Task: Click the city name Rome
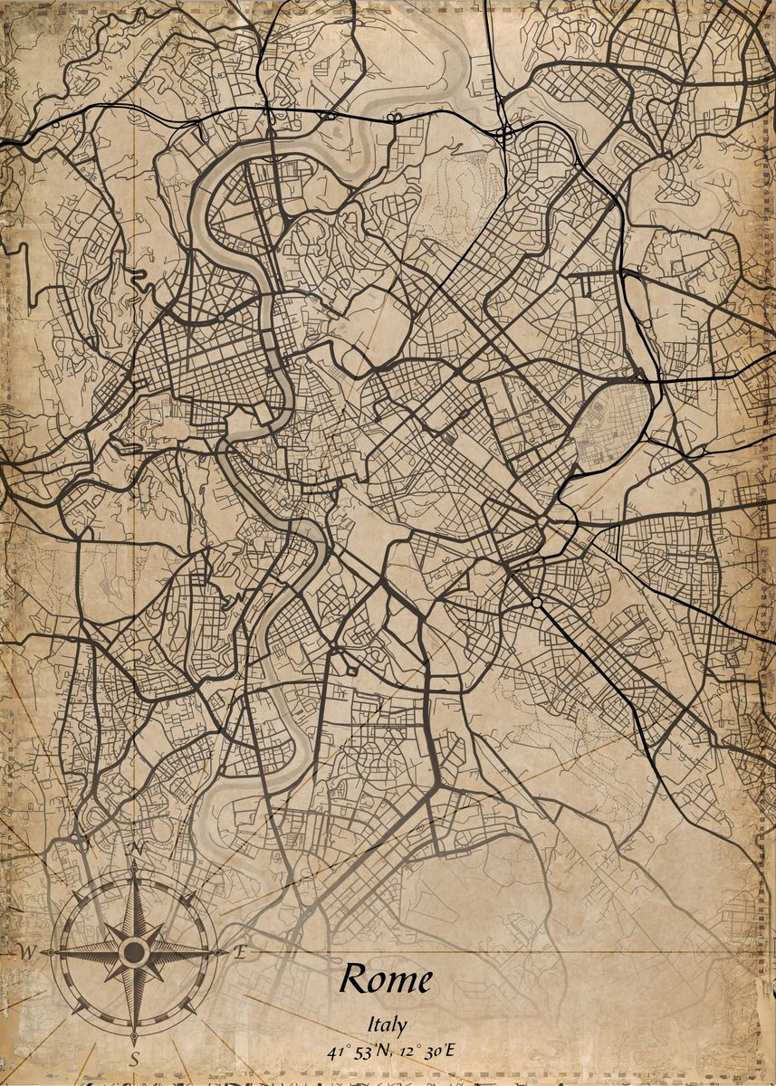click(x=386, y=979)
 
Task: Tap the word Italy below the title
click(x=387, y=1025)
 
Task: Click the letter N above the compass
click(x=138, y=848)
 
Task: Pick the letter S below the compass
click(x=134, y=1058)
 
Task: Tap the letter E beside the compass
click(x=240, y=951)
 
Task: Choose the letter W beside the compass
click(x=27, y=952)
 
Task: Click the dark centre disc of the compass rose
click(x=134, y=952)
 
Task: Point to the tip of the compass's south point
click(x=134, y=1037)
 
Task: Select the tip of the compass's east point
click(x=223, y=952)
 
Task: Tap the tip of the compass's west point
click(x=45, y=952)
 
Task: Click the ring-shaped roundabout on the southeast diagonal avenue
click(x=537, y=602)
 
